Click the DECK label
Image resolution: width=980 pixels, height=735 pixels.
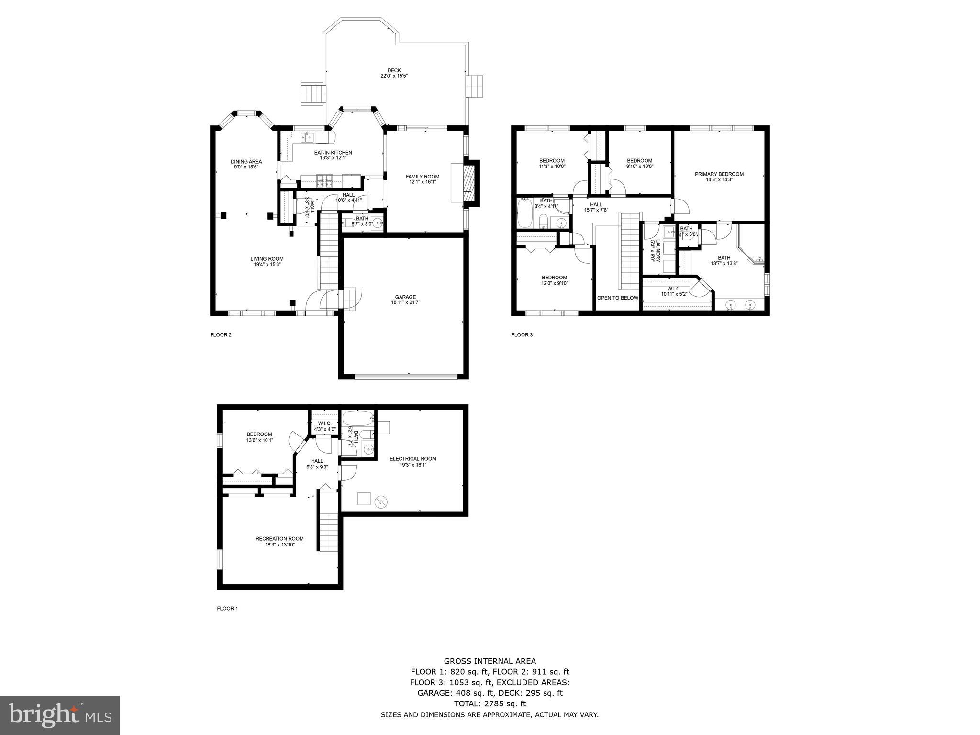coord(394,73)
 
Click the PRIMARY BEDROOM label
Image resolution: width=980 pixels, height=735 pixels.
coord(719,177)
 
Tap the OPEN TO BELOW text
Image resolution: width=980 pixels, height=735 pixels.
coord(617,298)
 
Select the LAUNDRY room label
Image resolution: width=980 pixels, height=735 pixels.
coord(655,250)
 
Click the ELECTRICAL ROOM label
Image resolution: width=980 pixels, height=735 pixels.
coord(412,461)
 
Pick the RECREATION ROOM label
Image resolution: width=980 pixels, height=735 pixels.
coord(279,541)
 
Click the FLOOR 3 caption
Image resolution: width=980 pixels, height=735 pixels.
coord(522,335)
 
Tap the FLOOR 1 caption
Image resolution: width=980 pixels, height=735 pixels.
coord(227,609)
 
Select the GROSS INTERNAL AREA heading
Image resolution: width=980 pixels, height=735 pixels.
coord(490,662)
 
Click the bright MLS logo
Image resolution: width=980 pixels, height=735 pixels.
coord(60,716)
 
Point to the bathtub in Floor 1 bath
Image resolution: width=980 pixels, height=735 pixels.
coord(358,418)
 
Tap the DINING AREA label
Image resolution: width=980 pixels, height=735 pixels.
coord(246,164)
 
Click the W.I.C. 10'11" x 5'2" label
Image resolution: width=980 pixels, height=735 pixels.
coord(674,291)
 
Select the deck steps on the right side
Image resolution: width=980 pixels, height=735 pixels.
coord(475,86)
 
